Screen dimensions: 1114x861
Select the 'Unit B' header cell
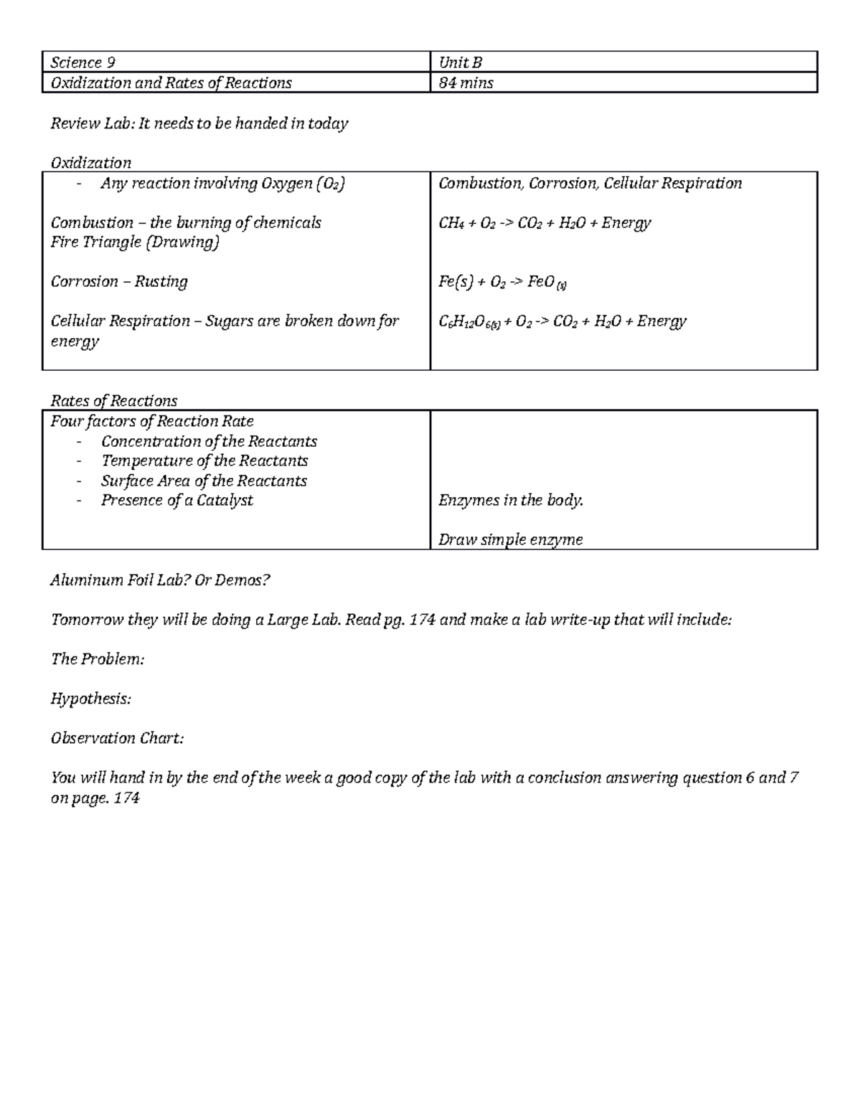[460, 62]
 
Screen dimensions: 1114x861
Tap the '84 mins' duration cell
[466, 83]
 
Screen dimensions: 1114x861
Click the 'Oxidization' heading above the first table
[90, 163]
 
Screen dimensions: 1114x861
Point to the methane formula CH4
[451, 223]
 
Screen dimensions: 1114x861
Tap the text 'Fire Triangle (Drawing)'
[135, 242]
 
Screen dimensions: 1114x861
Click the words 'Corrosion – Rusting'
[119, 282]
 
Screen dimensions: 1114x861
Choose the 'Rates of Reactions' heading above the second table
[113, 400]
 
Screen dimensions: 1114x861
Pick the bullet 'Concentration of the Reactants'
[209, 441]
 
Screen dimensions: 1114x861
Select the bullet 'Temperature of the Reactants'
[204, 461]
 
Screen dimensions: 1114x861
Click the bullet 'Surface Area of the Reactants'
[204, 481]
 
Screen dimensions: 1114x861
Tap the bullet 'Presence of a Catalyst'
[177, 500]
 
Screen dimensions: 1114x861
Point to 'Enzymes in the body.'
[511, 500]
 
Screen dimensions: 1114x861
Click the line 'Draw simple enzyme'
[510, 539]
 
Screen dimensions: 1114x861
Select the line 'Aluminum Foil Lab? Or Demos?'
[160, 580]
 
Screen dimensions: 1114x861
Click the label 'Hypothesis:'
[90, 698]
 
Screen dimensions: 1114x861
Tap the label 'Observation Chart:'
[117, 737]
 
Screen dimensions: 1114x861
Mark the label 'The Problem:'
[97, 659]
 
